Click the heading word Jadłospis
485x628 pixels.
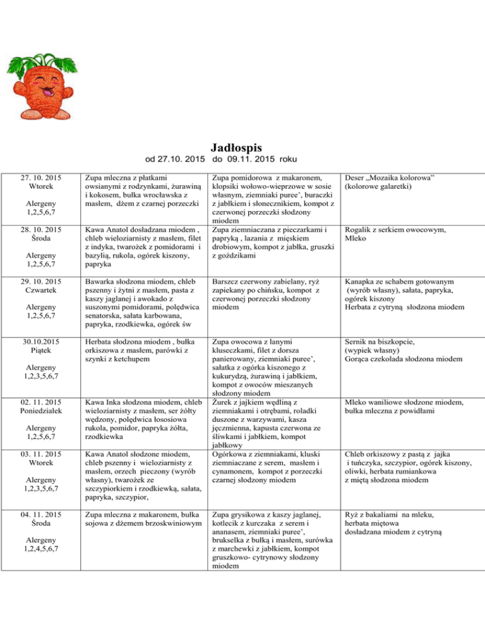pyautogui.click(x=242, y=147)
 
